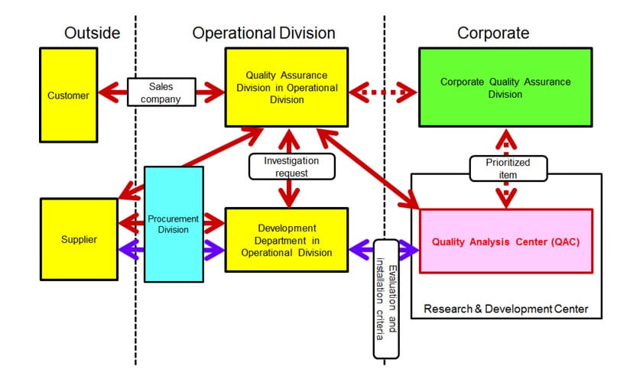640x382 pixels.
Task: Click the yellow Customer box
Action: coord(68,95)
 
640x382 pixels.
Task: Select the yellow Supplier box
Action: coord(79,239)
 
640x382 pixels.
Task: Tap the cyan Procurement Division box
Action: coord(174,224)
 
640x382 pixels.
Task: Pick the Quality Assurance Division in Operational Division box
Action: coord(286,87)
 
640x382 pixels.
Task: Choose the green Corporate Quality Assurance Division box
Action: coord(505,87)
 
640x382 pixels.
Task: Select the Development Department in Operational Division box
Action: coord(286,239)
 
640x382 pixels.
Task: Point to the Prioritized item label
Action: coord(507,168)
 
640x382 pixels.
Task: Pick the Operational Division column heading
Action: coord(264,33)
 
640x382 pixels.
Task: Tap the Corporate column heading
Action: coord(493,33)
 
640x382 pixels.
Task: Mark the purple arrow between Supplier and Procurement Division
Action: coord(132,248)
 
